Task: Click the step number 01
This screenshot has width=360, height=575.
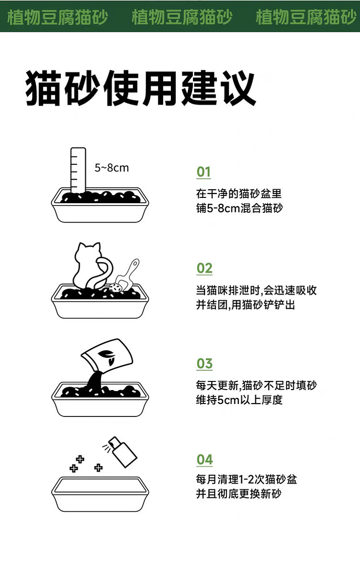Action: (x=204, y=172)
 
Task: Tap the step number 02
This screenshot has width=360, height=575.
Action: (x=204, y=269)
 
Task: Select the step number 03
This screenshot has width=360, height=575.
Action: (x=204, y=364)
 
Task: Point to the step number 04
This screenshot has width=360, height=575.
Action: (x=204, y=460)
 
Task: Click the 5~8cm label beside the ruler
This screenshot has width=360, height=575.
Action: (x=112, y=168)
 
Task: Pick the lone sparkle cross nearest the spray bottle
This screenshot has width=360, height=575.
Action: (x=98, y=467)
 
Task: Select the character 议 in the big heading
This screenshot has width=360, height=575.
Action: (x=238, y=88)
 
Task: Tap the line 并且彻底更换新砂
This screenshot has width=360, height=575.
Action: (x=239, y=494)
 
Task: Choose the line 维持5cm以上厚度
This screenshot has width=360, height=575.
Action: (x=239, y=400)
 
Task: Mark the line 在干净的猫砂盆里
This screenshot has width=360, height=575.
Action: (x=239, y=193)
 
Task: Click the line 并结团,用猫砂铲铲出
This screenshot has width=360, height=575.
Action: (x=246, y=305)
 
